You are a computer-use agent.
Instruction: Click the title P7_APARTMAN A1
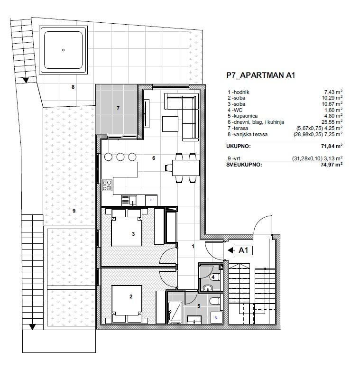(261, 75)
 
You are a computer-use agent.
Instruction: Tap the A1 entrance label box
(244, 250)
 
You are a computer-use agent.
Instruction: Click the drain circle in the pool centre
(63, 50)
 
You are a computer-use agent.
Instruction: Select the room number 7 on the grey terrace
(118, 108)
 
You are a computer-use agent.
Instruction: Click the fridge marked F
(151, 200)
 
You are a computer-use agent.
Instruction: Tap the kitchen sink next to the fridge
(129, 200)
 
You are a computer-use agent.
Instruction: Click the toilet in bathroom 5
(214, 301)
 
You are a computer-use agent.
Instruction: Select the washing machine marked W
(216, 318)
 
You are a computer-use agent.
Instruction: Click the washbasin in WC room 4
(208, 287)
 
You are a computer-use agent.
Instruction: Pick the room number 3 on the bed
(133, 234)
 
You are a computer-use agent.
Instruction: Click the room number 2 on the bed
(131, 296)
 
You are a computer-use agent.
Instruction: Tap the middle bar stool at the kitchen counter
(120, 157)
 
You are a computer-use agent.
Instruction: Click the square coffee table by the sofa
(170, 124)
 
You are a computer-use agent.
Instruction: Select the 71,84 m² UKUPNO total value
(332, 146)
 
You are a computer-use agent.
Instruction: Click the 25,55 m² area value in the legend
(332, 122)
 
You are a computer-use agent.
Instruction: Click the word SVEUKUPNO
(244, 165)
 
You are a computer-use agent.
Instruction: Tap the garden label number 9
(74, 211)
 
